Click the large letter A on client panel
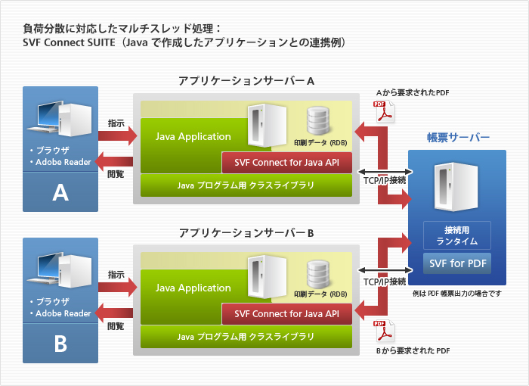(x=60, y=193)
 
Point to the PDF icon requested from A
(x=387, y=113)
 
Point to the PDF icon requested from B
(x=381, y=332)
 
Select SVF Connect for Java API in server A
(x=287, y=163)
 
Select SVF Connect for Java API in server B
(x=287, y=313)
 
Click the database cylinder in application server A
(x=318, y=120)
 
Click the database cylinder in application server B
(x=318, y=272)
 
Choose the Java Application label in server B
(x=193, y=288)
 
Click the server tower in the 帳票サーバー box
(x=447, y=185)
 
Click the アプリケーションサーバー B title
(x=246, y=232)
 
